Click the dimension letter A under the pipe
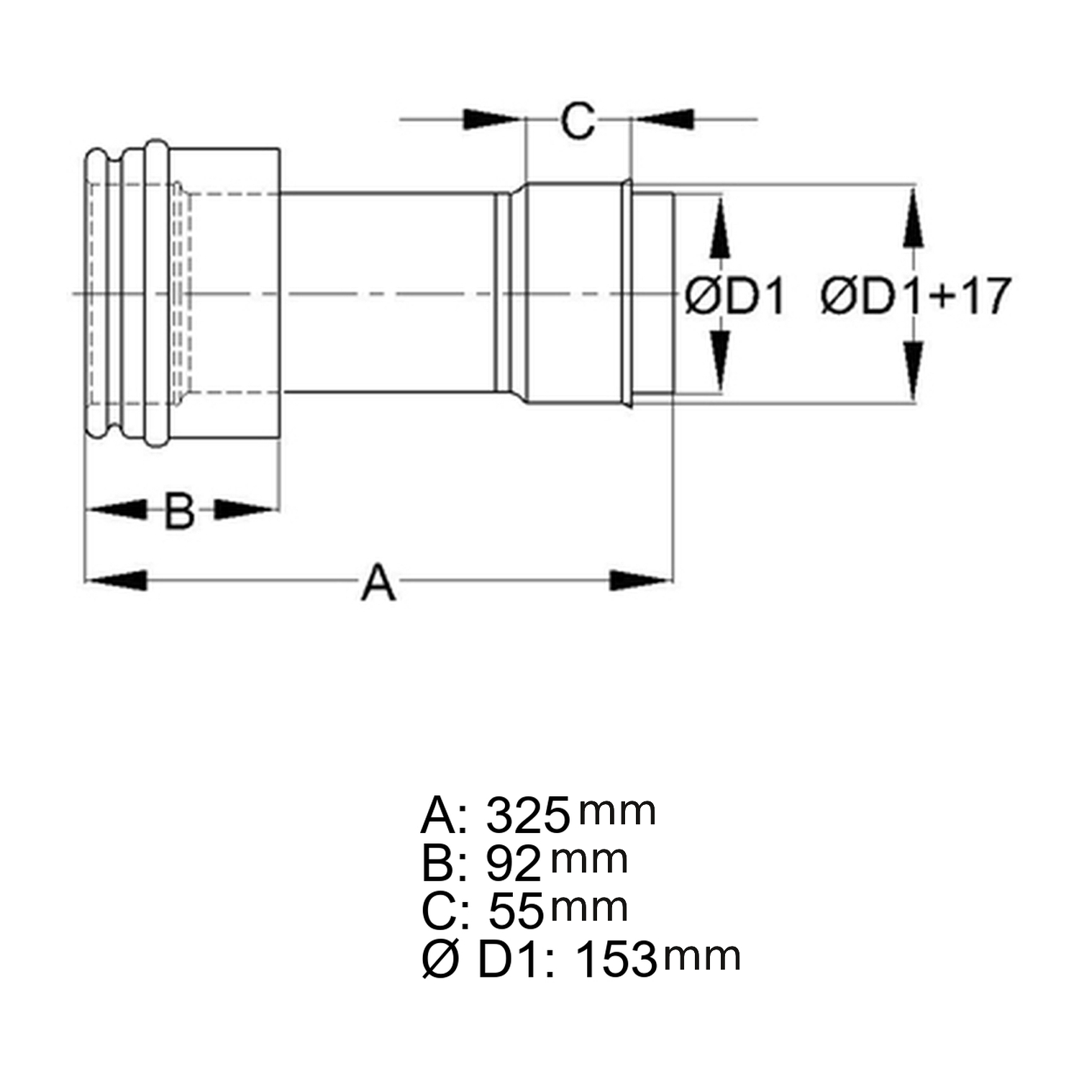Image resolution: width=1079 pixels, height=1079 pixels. tap(378, 583)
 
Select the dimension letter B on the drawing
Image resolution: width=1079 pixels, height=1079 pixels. tap(179, 511)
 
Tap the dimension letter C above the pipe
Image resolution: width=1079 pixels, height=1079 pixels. tap(578, 120)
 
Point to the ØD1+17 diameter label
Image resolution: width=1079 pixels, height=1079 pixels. tap(916, 296)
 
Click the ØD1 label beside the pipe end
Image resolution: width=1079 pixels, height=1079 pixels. tap(734, 296)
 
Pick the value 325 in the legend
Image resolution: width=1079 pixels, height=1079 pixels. tap(528, 815)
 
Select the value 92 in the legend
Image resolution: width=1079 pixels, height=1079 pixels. tap(514, 863)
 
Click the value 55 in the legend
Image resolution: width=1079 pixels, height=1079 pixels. tap(516, 911)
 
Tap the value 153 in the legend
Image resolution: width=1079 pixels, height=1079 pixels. tap(616, 960)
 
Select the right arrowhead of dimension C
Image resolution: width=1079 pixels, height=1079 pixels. tap(665, 119)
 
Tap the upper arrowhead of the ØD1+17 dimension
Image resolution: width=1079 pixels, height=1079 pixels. tap(913, 219)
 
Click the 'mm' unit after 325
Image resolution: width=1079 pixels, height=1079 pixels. tap(617, 811)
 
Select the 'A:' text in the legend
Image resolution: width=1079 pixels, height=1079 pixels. tap(444, 815)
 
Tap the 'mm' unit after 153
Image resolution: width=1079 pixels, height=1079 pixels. tap(701, 957)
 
